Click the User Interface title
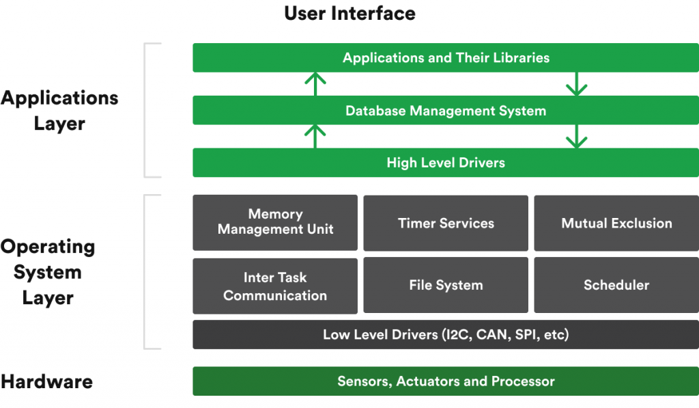point(349,13)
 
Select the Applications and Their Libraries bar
point(445,57)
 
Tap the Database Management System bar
point(445,110)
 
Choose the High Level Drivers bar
point(445,163)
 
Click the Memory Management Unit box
point(275,222)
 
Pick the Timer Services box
point(446,223)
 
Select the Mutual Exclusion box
point(616,223)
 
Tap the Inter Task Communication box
point(275,286)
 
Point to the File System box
point(446,286)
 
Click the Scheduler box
point(616,286)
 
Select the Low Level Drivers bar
point(445,335)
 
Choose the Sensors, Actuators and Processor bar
point(445,381)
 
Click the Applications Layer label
point(59,111)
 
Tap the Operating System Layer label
point(48,272)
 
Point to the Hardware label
point(46,381)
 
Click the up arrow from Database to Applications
point(315,83)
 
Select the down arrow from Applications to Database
point(577,83)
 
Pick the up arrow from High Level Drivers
point(315,136)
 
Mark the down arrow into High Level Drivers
point(577,136)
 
